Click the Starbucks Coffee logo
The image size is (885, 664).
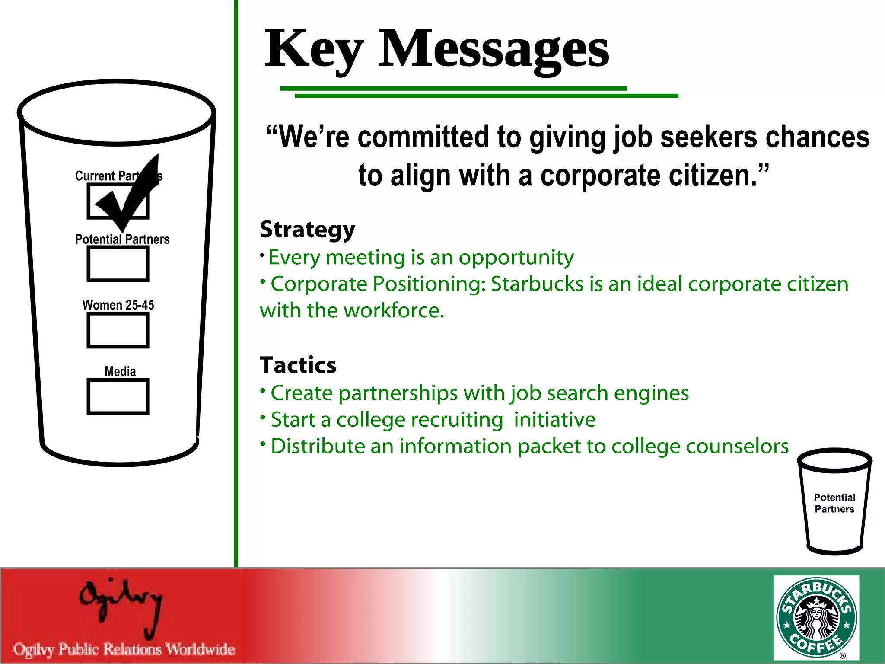[816, 617]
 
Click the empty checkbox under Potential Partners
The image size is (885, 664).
[118, 264]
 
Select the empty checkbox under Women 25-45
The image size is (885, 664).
[118, 330]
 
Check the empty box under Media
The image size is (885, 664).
[118, 397]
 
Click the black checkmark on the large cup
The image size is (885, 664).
[130, 195]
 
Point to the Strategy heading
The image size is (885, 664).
[307, 229]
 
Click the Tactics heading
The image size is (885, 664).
[298, 365]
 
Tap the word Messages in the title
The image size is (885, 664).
[493, 48]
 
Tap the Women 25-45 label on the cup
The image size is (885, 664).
[118, 305]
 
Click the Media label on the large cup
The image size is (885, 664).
[120, 371]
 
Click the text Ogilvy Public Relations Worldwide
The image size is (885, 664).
[124, 649]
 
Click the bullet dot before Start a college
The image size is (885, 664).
[263, 417]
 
